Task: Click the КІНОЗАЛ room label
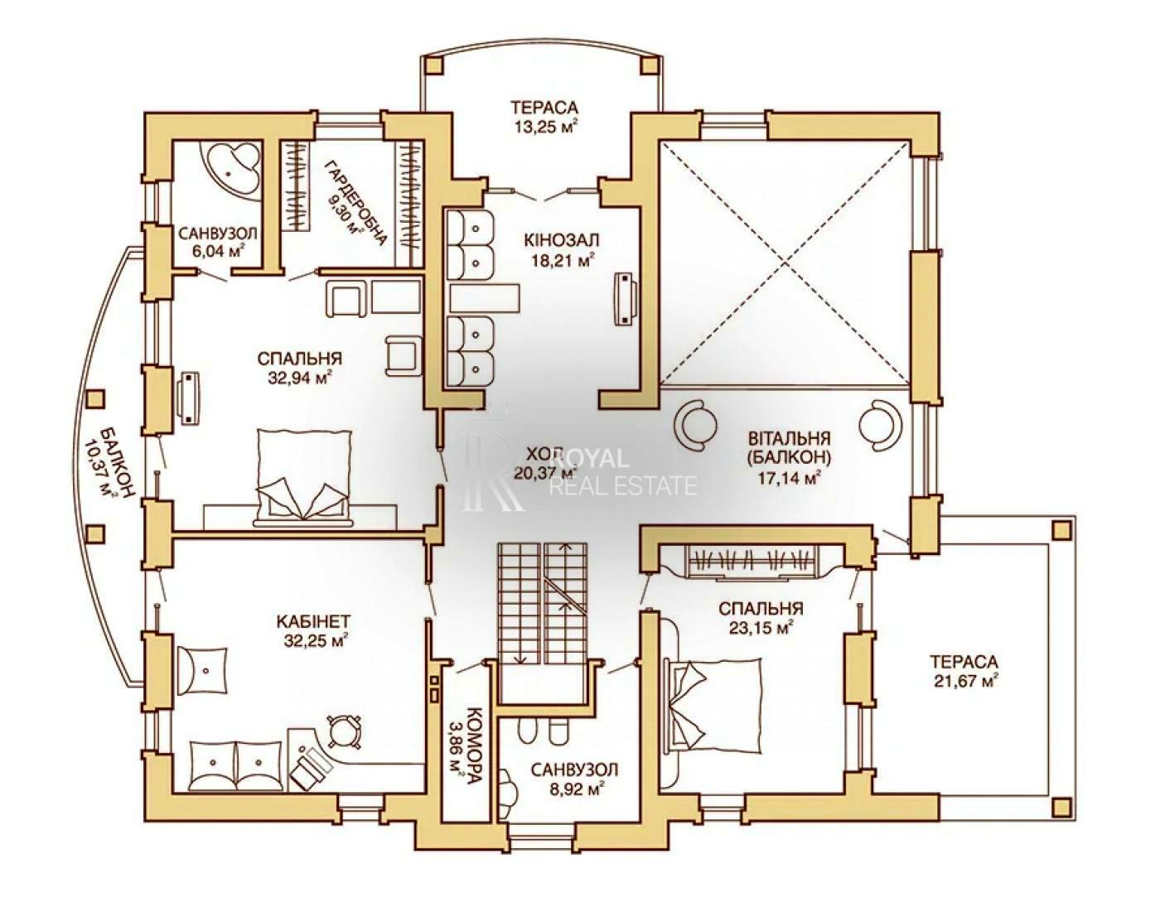click(562, 239)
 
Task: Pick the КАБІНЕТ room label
click(313, 621)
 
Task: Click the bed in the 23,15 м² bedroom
click(715, 704)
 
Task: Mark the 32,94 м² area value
click(299, 377)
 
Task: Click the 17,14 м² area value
click(788, 478)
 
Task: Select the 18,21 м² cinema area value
click(562, 261)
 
